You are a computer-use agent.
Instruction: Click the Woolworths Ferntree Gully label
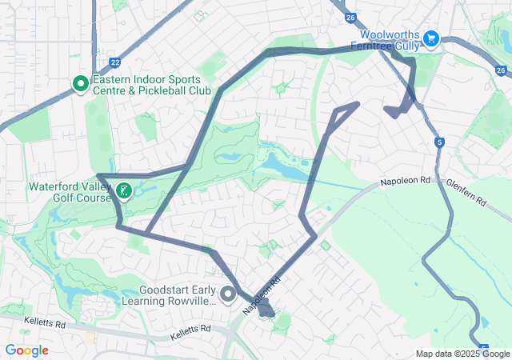tap(390, 40)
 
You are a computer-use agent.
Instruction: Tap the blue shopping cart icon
tap(431, 38)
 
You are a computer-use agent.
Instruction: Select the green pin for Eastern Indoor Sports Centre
tap(80, 84)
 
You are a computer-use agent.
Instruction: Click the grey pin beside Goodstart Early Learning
tap(228, 295)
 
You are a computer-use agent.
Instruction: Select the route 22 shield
tap(115, 62)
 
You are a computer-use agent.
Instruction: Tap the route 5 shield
tap(439, 142)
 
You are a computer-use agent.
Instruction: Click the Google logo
tap(26, 350)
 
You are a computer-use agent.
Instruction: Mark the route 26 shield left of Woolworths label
tap(350, 17)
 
